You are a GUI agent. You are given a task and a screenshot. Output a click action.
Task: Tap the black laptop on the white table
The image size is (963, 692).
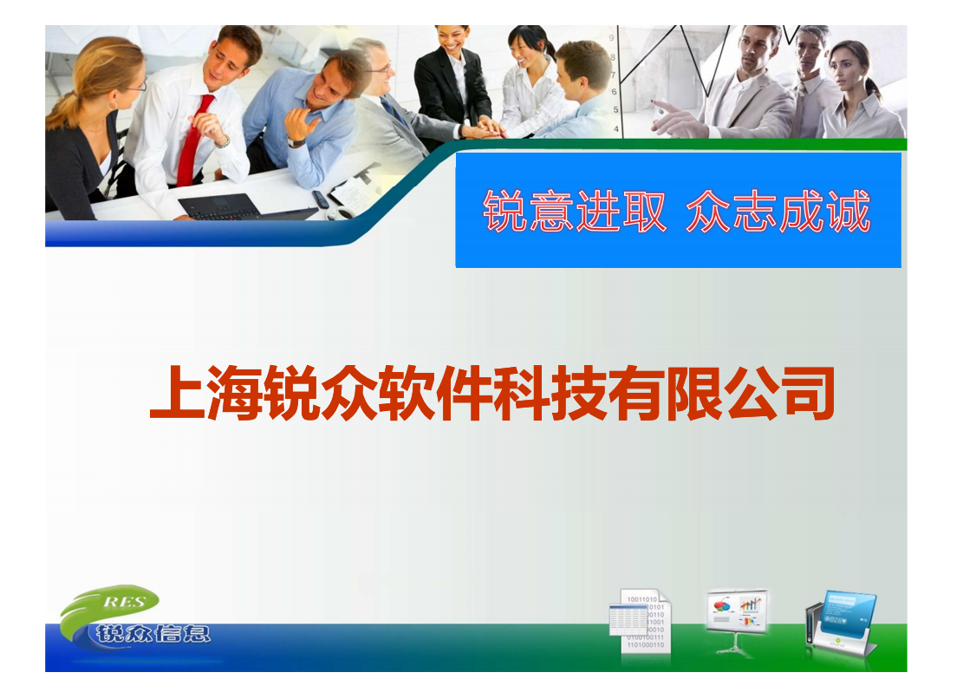pos(220,206)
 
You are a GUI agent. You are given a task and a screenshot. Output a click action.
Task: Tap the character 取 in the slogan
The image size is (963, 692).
pos(642,212)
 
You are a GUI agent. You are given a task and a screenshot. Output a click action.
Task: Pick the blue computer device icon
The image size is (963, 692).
pos(840,622)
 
